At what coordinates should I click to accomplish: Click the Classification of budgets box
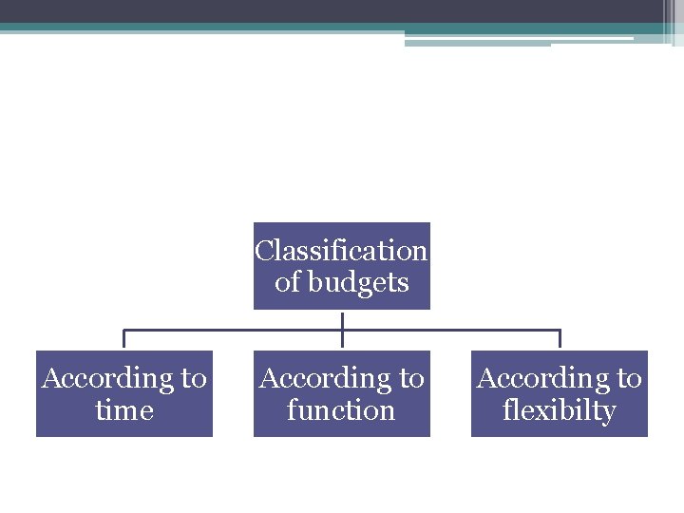tap(341, 266)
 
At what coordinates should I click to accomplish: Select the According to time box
tap(123, 393)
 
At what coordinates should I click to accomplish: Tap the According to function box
tap(341, 393)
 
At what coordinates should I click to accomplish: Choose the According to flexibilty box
tap(559, 393)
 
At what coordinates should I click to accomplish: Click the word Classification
tap(341, 251)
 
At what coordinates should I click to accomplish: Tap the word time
tap(124, 410)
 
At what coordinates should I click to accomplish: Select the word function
tap(341, 410)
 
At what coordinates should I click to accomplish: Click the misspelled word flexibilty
tap(560, 410)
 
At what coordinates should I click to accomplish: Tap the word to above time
tap(194, 378)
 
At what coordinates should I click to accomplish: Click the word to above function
tap(411, 378)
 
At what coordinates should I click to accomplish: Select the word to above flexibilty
tap(629, 378)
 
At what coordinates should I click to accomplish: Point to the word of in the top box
tap(287, 282)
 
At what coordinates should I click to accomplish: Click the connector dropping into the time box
tap(123, 340)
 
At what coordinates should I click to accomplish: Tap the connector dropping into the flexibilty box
tap(560, 340)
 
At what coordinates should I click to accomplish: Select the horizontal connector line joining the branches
tap(237, 331)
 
